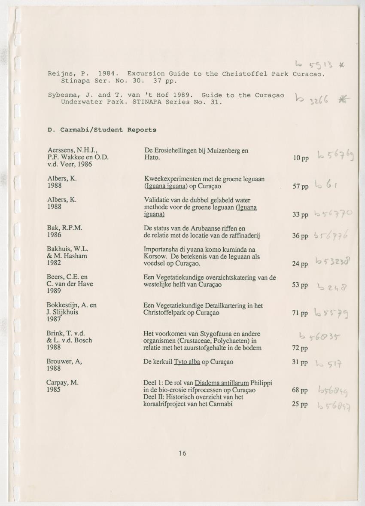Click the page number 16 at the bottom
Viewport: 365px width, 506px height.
pyautogui.click(x=182, y=453)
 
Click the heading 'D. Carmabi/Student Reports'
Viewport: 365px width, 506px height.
pyautogui.click(x=102, y=129)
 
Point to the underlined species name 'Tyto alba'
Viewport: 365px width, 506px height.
pyautogui.click(x=187, y=362)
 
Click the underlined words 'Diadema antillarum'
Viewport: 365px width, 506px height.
pyautogui.click(x=222, y=383)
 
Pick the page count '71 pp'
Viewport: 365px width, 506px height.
pyautogui.click(x=300, y=313)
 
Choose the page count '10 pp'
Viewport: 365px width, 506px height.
pyautogui.click(x=300, y=158)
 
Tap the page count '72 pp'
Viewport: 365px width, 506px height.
pyautogui.click(x=300, y=348)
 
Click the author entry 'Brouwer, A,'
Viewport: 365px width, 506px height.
pyautogui.click(x=64, y=362)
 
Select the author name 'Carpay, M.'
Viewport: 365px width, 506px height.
pyautogui.click(x=62, y=383)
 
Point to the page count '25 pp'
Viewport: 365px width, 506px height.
pyautogui.click(x=300, y=404)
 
